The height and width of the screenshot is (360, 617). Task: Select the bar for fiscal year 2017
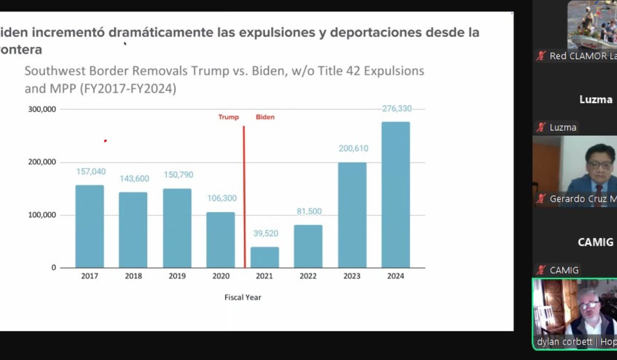(89, 226)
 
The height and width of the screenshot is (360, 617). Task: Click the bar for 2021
(264, 257)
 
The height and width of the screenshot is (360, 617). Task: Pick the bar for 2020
(221, 240)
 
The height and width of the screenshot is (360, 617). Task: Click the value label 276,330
(396, 109)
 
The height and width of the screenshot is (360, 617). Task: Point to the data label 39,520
(265, 233)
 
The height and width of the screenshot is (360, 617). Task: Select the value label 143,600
(134, 179)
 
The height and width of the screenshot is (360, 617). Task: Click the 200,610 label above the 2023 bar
(353, 149)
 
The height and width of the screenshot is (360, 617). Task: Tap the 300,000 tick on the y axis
(43, 110)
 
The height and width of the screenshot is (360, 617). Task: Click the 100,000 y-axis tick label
(43, 215)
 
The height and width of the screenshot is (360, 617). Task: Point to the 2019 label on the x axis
(177, 276)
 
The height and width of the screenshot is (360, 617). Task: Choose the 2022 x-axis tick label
(308, 276)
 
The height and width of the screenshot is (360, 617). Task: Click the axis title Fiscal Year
(243, 297)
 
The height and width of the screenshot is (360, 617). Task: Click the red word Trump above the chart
(228, 117)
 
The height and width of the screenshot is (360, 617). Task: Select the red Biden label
(265, 117)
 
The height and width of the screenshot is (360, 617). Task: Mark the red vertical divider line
(244, 195)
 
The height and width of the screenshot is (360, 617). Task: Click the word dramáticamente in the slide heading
(160, 32)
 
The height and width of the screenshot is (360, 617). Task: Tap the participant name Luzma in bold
(595, 99)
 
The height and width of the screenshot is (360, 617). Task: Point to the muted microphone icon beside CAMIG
(540, 270)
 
